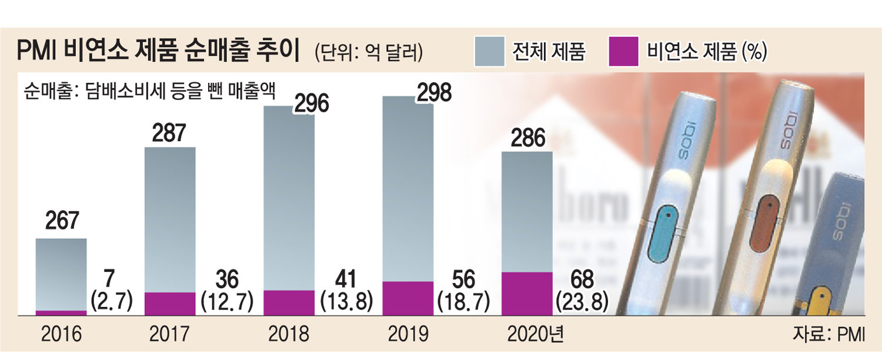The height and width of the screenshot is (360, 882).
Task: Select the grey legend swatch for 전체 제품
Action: pyautogui.click(x=489, y=51)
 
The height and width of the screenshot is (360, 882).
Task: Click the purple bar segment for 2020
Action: pyautogui.click(x=526, y=294)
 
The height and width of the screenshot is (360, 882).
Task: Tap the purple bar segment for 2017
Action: pyautogui.click(x=170, y=304)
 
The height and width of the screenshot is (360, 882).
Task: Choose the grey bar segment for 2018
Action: pyautogui.click(x=289, y=200)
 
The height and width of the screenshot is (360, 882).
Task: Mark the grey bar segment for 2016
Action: pyautogui.click(x=61, y=274)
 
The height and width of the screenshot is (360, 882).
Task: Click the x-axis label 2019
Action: pyautogui.click(x=407, y=335)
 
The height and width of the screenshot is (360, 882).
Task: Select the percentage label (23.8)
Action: pyautogui.click(x=582, y=301)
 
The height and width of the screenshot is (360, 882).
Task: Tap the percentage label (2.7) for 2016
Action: pyautogui.click(x=112, y=301)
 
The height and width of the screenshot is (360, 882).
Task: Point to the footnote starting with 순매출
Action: pyautogui.click(x=150, y=91)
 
